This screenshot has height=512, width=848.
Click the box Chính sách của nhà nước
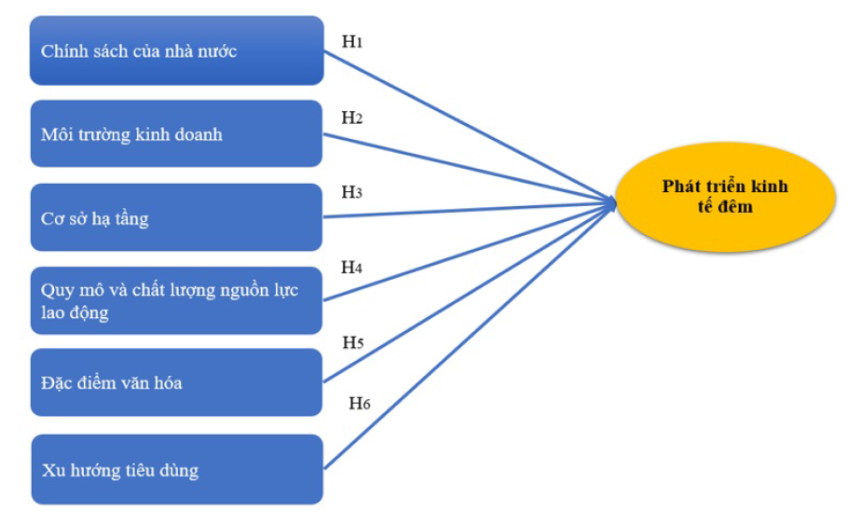pos(177,50)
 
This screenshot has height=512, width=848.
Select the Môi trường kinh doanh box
pos(177,134)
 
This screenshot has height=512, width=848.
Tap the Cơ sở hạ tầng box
pos(177,218)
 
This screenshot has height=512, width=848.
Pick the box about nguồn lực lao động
pos(177,300)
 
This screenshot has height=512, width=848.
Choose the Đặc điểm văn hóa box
pos(177,382)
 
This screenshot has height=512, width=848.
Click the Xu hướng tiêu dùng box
pos(177,469)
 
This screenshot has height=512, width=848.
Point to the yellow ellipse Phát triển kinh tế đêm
pos(724,196)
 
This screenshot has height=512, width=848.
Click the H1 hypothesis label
pos(351,43)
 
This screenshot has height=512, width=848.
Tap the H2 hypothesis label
pos(351,118)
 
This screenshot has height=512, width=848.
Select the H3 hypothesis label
pos(351,192)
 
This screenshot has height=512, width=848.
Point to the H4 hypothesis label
pos(351,269)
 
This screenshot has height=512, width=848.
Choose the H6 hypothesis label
pos(360,403)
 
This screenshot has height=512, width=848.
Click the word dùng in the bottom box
pos(179,470)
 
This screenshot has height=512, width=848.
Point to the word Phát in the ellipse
pos(680,186)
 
